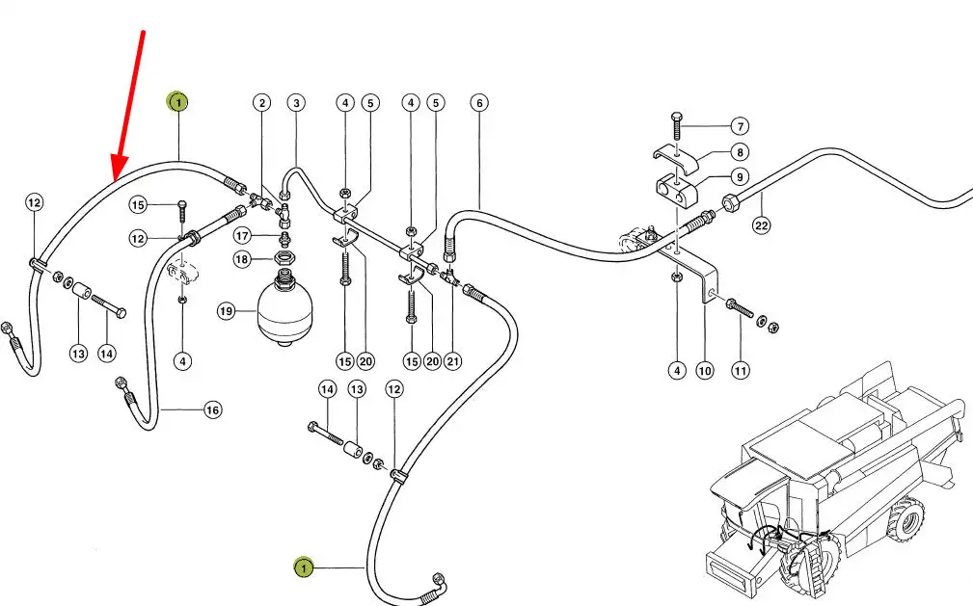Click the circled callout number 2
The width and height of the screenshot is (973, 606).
pyautogui.click(x=261, y=103)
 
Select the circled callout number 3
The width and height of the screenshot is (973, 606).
pyautogui.click(x=295, y=103)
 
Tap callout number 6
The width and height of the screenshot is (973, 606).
pyautogui.click(x=478, y=103)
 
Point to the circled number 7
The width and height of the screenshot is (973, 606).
pyautogui.click(x=740, y=126)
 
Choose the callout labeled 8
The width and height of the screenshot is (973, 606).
pyautogui.click(x=740, y=151)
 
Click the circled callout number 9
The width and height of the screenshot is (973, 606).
pyautogui.click(x=740, y=176)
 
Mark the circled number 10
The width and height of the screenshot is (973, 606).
pyautogui.click(x=706, y=370)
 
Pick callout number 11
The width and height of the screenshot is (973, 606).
pyautogui.click(x=740, y=370)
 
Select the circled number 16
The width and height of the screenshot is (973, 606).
pyautogui.click(x=212, y=410)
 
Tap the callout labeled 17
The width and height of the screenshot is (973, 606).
pyautogui.click(x=243, y=235)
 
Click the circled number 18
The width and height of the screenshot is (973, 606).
pyautogui.click(x=243, y=259)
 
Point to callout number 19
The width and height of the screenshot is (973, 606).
pyautogui.click(x=226, y=311)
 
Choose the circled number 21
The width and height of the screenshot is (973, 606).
pyautogui.click(x=453, y=361)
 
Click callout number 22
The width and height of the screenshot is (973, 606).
pyautogui.click(x=762, y=225)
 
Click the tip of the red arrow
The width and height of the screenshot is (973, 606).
pyautogui.click(x=115, y=180)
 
